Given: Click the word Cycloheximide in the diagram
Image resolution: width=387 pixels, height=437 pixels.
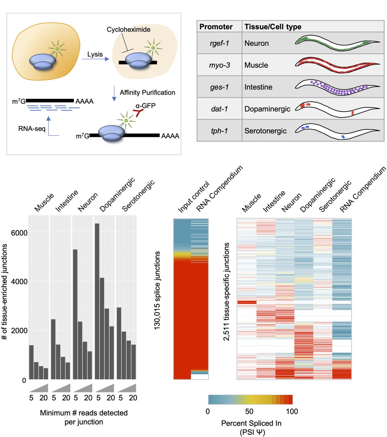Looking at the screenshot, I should coord(128,30).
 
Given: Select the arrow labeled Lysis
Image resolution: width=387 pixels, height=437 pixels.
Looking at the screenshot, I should coord(95,59).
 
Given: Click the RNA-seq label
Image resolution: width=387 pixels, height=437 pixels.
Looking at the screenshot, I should coord(32,129).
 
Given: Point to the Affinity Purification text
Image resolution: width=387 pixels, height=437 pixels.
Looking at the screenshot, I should coord(147,93).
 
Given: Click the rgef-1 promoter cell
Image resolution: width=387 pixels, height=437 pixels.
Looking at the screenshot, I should coord(219,43).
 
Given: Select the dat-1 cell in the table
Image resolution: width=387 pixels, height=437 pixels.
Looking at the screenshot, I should coord(219,109).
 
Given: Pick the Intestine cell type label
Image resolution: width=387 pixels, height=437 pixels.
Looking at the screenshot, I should coord(258,87).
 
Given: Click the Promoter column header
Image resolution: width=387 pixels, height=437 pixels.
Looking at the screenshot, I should coord(216,27).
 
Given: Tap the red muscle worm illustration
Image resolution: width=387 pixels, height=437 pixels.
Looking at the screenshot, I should coord(337,65).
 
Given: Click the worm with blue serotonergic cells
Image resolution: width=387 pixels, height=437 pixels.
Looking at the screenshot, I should coord(337,131).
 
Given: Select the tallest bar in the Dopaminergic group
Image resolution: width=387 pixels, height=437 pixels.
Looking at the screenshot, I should coord(97,301).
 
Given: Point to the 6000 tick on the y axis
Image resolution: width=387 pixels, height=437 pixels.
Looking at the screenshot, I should coord(19,233).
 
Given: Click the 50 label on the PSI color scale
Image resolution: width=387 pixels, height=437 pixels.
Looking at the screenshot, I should coord(249,411).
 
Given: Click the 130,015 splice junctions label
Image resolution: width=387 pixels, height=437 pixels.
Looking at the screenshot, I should coord(157,290).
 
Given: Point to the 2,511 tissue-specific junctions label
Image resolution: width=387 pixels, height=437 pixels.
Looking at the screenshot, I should coord(226,292).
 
